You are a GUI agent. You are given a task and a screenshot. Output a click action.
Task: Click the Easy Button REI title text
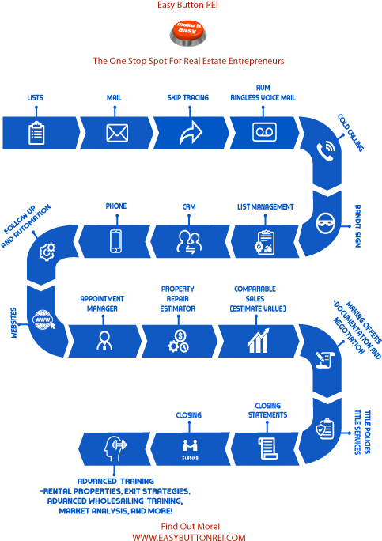(x=190, y=5)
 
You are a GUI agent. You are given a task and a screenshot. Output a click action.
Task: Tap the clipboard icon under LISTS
(x=36, y=132)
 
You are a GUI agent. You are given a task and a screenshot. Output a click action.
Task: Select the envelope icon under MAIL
(x=118, y=132)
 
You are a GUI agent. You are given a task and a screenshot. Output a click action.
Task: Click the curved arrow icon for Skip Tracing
(x=191, y=132)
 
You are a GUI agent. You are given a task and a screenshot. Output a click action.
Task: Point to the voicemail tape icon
(x=263, y=132)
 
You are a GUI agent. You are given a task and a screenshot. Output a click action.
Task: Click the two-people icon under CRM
(x=188, y=240)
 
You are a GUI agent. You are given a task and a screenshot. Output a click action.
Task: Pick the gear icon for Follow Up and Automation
(x=47, y=252)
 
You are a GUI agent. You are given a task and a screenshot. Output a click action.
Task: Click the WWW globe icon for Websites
(x=40, y=321)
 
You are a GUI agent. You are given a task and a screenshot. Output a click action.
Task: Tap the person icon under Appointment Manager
(x=104, y=340)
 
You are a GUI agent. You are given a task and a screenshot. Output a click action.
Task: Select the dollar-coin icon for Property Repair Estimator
(x=177, y=340)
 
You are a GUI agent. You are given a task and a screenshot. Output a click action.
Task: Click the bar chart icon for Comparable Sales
(x=255, y=340)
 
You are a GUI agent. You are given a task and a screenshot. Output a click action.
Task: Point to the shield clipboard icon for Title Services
(x=324, y=429)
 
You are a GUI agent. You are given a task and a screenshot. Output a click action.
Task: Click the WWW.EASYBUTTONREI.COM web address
(x=189, y=536)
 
